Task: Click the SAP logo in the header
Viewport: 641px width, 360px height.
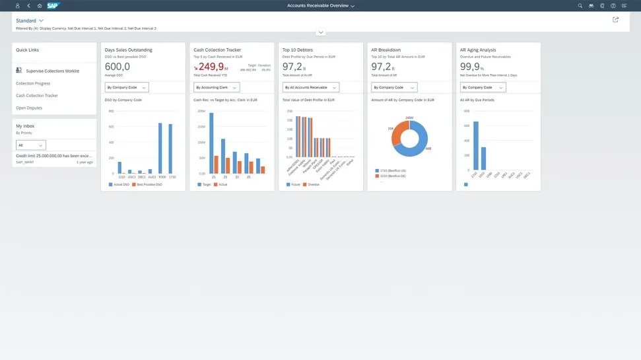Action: point(53,5)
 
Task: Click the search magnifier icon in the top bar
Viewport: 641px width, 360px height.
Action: point(580,5)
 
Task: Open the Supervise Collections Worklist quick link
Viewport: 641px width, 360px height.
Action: point(51,71)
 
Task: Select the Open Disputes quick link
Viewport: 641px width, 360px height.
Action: point(30,108)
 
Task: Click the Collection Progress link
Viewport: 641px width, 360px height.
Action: point(33,83)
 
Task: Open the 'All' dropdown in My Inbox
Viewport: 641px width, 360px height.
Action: point(31,145)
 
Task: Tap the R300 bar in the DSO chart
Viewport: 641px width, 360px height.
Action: point(160,149)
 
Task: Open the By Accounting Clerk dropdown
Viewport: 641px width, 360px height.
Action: point(217,87)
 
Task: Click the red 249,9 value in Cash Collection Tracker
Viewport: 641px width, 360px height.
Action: point(213,67)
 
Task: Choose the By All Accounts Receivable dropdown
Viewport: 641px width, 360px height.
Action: point(310,87)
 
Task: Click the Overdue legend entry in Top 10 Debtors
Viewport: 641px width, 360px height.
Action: point(312,185)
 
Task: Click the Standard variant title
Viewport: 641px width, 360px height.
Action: point(26,21)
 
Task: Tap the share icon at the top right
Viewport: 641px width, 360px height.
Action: point(615,20)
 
